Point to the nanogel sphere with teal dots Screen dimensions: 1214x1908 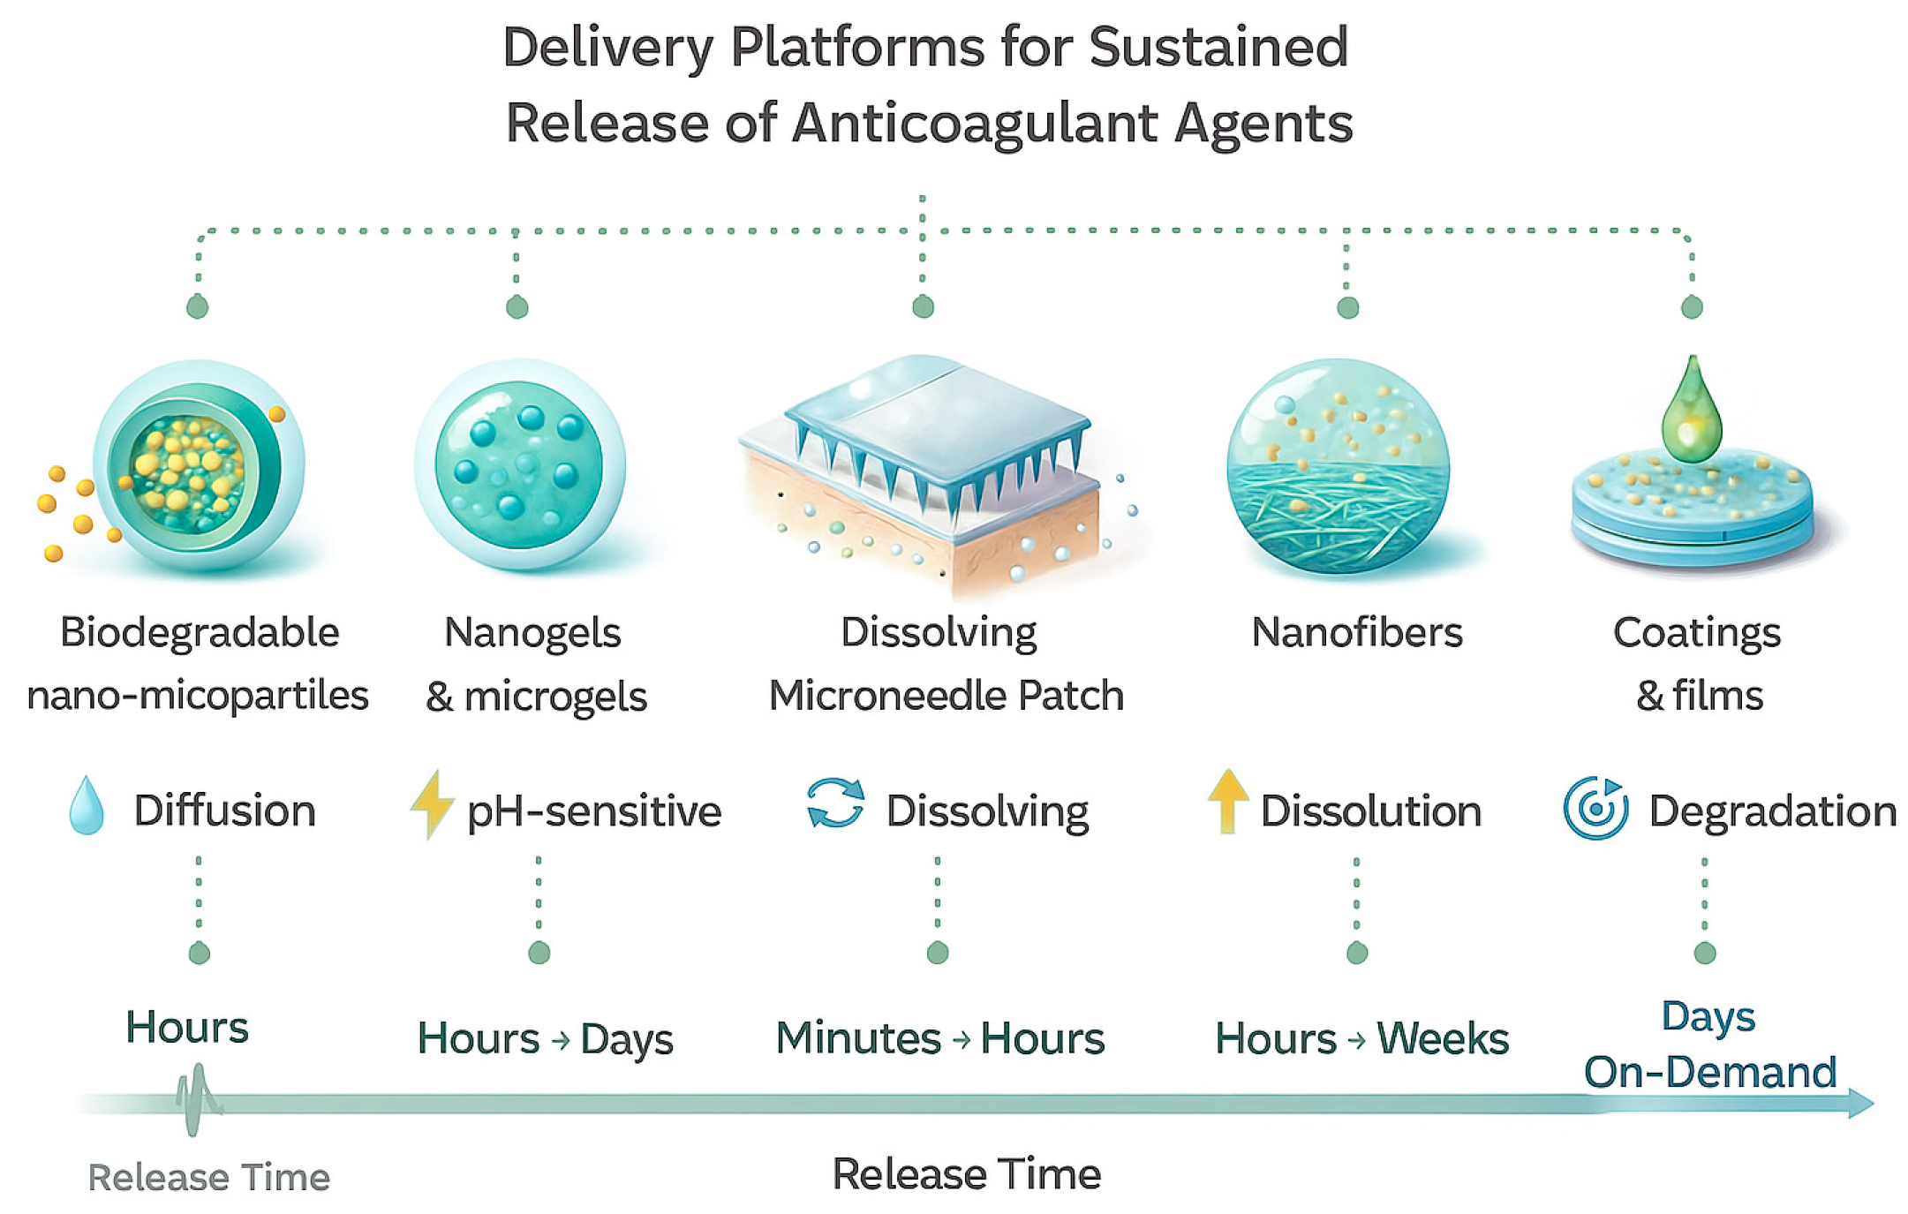519,464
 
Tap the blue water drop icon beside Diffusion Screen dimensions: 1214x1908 87,805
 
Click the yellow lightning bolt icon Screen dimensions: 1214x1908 432,803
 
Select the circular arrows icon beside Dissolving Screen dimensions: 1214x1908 835,803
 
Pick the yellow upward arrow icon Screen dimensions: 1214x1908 1227,801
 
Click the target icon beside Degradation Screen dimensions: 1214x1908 1595,807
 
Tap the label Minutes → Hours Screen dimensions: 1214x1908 939,1038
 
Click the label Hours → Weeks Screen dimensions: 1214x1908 1361,1038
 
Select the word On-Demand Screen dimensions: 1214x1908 1709,1072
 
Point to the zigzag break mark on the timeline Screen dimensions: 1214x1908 197,1099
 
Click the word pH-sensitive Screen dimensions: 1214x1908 593,811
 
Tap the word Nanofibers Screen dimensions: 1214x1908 1356,632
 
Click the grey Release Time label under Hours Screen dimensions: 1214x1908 208,1177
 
